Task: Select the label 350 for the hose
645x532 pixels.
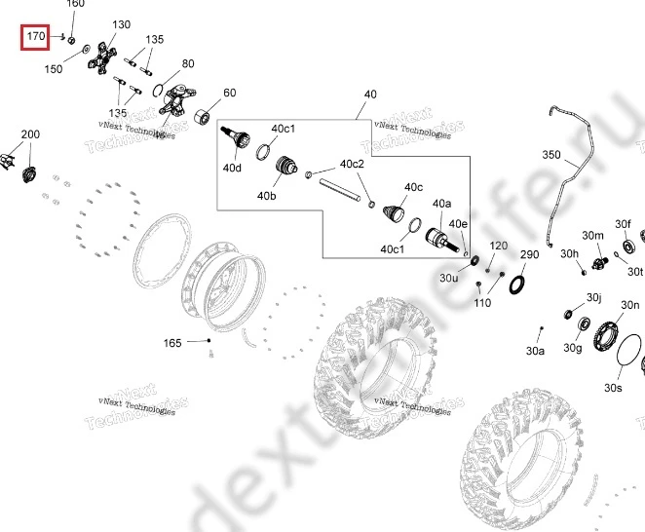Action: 551,155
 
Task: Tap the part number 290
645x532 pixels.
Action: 529,255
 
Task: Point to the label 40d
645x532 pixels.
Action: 232,168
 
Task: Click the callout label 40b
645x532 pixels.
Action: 267,196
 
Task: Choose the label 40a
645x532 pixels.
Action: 442,204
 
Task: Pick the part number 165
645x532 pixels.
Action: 172,343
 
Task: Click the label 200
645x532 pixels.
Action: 30,134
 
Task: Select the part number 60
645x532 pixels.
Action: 230,94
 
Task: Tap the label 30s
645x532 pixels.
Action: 612,388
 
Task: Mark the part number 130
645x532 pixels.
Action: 121,24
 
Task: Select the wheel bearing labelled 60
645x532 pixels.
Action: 206,118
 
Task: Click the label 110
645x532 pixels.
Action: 480,304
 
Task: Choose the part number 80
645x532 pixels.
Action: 188,63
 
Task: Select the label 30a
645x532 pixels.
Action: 535,350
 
